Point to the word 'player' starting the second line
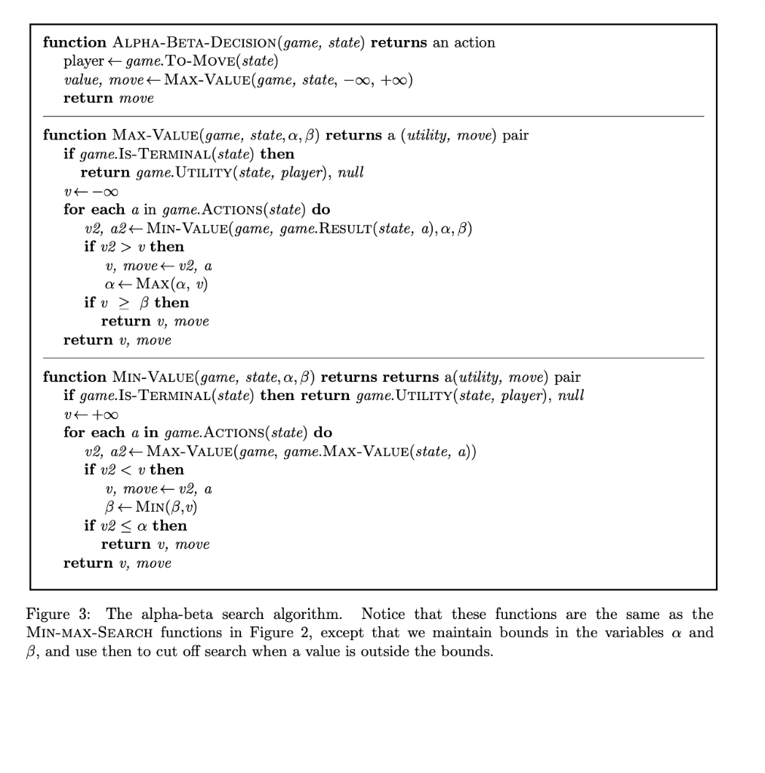[x=83, y=61]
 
